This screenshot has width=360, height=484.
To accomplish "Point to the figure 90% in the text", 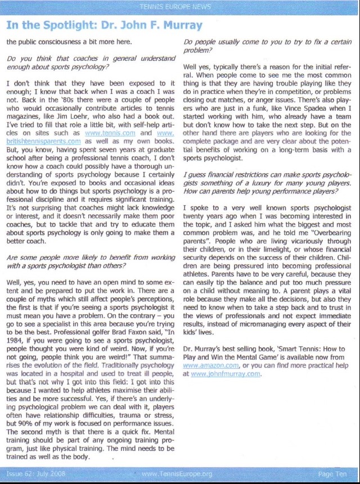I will point(37,422).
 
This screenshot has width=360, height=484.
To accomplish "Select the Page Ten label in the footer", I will point(332,474).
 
